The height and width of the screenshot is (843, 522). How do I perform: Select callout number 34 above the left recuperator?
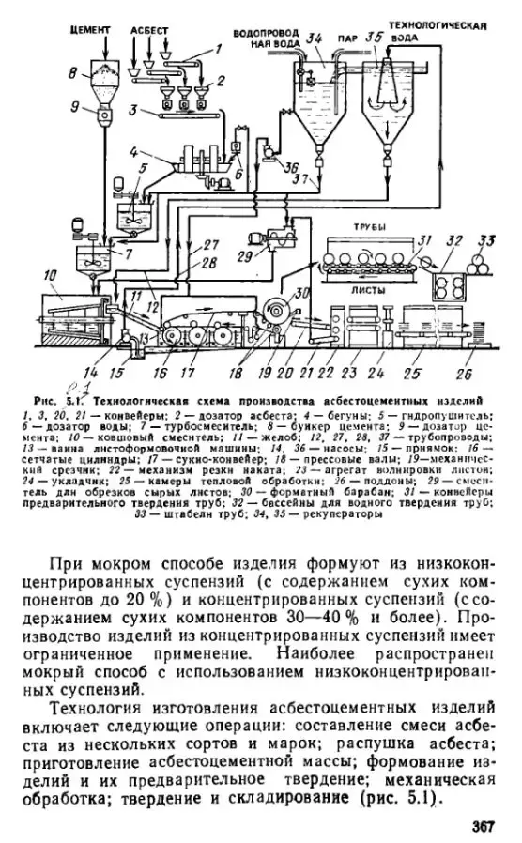314,37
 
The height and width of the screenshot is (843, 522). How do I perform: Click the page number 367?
483,827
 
